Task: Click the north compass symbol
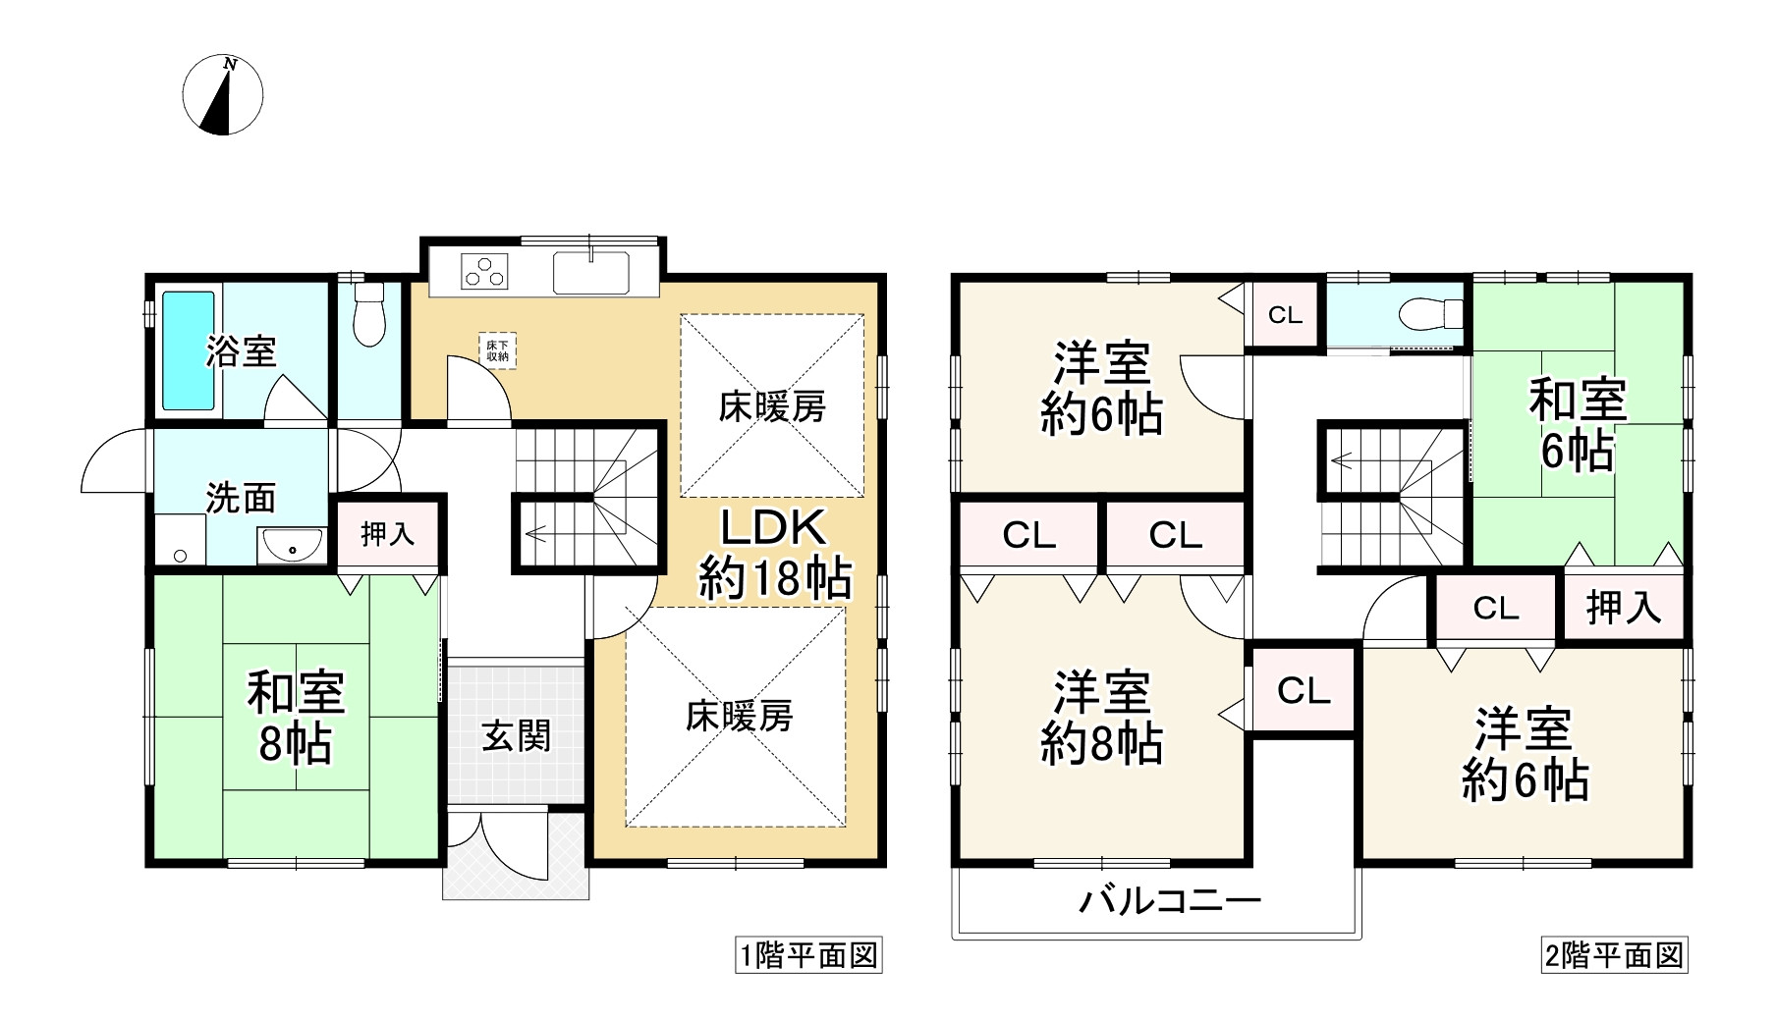coord(223,95)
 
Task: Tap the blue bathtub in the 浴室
coord(187,349)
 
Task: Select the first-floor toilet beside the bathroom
coord(369,314)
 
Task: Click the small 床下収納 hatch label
coord(497,350)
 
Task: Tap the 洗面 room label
coord(241,498)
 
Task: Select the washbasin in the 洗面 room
coord(292,546)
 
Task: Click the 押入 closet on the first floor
coord(388,534)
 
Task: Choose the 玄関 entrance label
coord(516,735)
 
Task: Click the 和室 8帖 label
coord(295,718)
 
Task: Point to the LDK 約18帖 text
coord(774,554)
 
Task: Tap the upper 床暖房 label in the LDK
coord(772,406)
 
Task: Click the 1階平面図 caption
coord(808,955)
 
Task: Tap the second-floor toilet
coord(1428,314)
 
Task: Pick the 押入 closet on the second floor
coord(1623,609)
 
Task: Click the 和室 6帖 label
coord(1578,426)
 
